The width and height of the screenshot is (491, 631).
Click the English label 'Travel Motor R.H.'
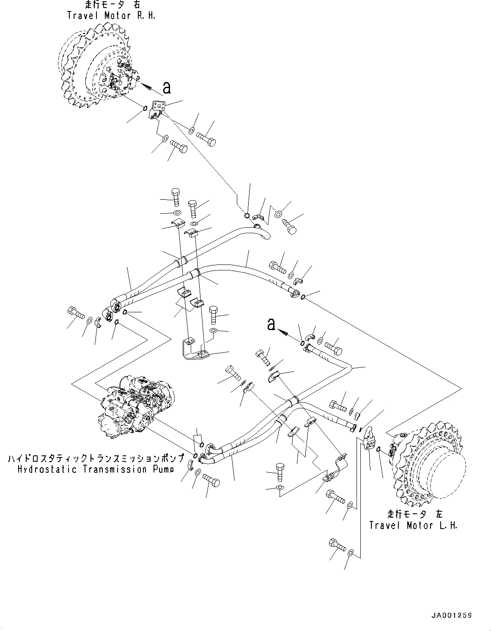[111, 16]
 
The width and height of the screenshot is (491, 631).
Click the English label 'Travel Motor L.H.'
[413, 525]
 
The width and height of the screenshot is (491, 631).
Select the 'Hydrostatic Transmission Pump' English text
[96, 469]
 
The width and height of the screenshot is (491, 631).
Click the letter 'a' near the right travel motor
[167, 88]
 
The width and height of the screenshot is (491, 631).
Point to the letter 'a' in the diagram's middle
[271, 325]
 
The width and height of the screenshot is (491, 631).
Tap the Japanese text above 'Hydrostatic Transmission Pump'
[96, 459]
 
